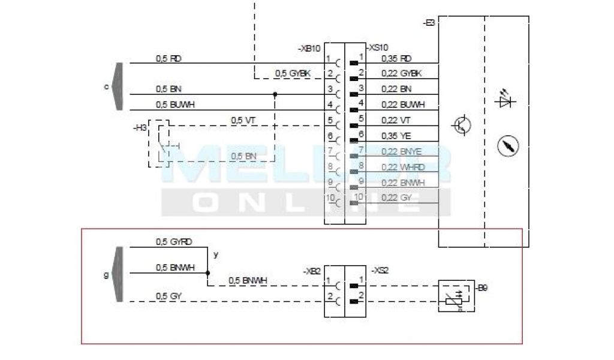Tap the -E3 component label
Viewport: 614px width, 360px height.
[429, 23]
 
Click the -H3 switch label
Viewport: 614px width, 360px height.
[140, 127]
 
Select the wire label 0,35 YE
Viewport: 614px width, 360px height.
[396, 136]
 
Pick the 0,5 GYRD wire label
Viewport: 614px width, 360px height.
[174, 242]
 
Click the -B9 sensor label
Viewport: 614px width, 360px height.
[483, 289]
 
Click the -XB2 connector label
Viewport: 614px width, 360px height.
[312, 271]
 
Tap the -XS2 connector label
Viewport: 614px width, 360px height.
[380, 271]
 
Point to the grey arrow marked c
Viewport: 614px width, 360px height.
[118, 86]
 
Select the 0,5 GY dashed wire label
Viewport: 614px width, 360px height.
[168, 296]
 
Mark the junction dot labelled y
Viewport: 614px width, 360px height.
[207, 272]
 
